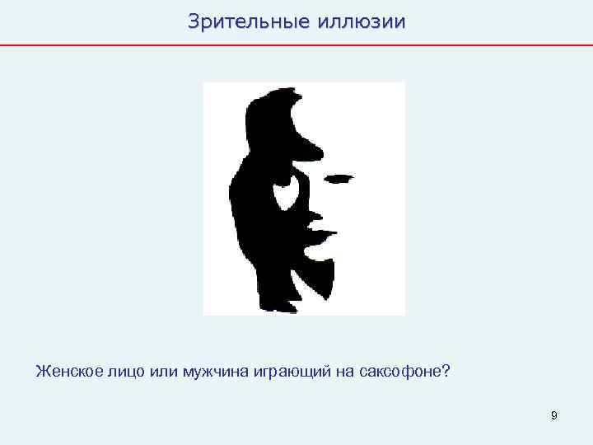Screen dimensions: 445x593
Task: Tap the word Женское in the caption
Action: click(69, 371)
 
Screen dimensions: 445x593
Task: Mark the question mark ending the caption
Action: click(446, 371)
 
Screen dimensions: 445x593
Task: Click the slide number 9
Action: click(554, 416)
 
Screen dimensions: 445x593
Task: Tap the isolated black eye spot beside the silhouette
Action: click(339, 177)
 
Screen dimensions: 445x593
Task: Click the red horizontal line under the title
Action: click(296, 44)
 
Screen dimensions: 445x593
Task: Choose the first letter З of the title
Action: click(194, 21)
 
